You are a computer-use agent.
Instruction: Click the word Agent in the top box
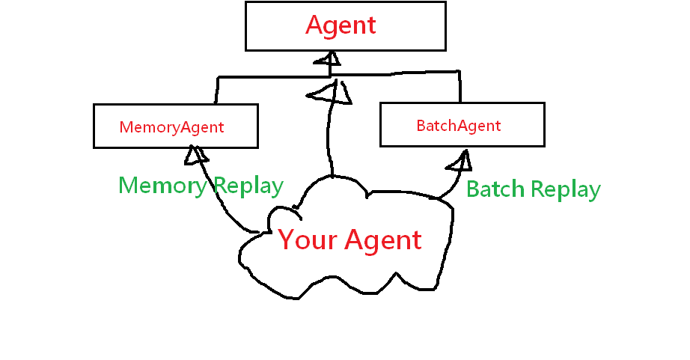341,25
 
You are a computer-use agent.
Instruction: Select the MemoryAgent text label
171,127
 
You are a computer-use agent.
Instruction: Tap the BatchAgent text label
458,126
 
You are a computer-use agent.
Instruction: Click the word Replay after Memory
247,186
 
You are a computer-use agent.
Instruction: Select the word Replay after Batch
567,189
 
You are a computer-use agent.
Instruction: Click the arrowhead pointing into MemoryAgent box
197,153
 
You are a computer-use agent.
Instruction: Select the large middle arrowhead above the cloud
330,94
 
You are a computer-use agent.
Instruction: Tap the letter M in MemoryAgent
125,127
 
